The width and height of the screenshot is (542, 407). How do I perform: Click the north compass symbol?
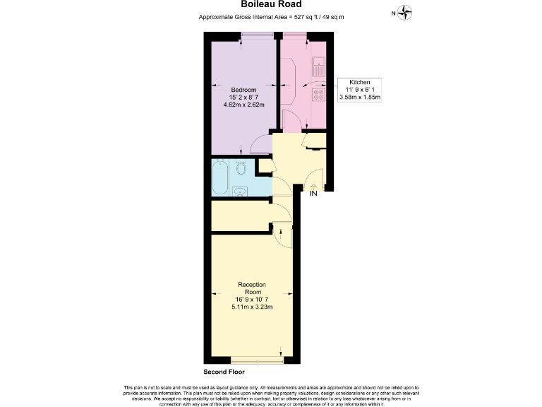point(404,12)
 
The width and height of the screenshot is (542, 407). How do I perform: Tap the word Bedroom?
point(243,90)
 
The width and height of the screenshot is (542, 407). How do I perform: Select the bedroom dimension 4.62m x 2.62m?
point(243,105)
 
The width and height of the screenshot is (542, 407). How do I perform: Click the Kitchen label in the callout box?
point(360,82)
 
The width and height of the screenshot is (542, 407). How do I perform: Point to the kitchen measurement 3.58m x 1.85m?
point(360,98)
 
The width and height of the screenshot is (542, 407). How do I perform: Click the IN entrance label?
point(313,194)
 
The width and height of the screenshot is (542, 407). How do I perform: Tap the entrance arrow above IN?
point(313,186)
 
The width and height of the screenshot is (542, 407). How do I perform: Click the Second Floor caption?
point(224,371)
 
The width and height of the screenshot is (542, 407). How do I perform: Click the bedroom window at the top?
point(257,35)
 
